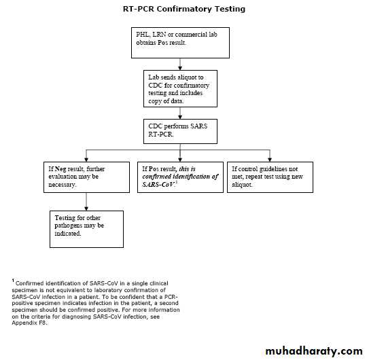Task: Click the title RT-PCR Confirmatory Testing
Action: [184, 9]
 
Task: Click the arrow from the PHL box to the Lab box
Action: [180, 64]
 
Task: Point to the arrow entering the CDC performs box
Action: [180, 113]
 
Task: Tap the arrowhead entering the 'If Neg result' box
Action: [86, 160]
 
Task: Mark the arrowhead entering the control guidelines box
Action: [270, 160]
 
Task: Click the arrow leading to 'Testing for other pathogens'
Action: [86, 202]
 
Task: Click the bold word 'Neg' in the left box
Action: [60, 169]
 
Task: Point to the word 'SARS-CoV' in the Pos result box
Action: [158, 185]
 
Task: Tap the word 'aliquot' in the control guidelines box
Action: [242, 185]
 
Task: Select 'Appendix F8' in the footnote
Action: [29, 323]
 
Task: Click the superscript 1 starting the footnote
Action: [13, 281]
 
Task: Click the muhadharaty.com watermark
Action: [314, 351]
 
